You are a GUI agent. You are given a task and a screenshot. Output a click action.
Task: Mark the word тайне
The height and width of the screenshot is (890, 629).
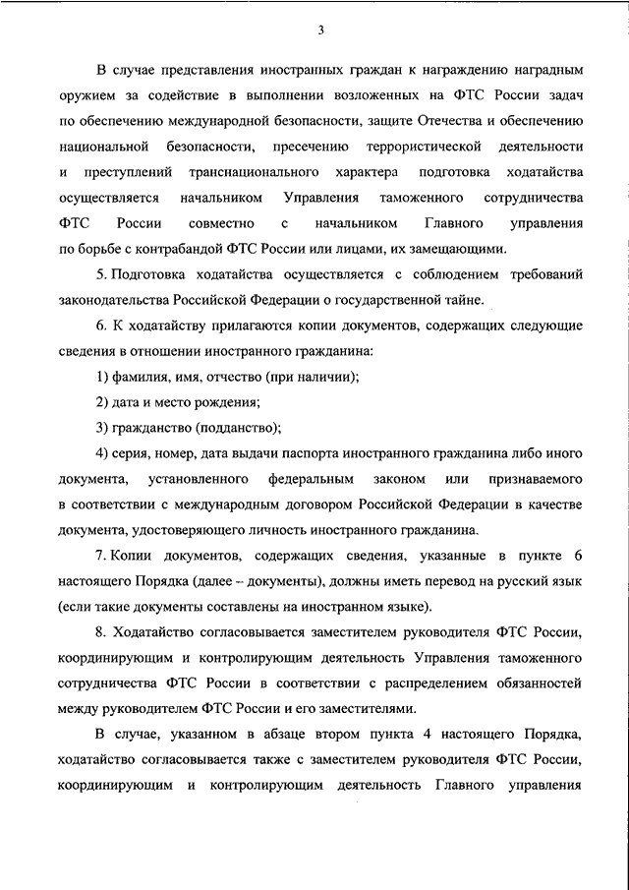462,299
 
